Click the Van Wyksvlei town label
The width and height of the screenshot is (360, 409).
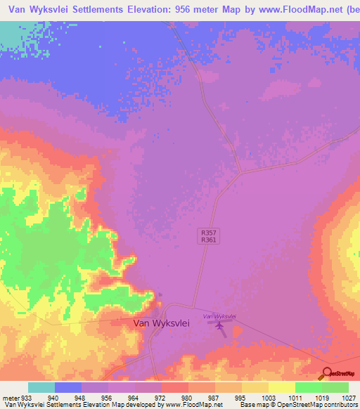click(x=161, y=323)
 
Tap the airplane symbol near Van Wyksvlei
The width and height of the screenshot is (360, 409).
click(x=219, y=325)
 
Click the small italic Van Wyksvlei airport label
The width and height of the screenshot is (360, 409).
click(x=218, y=316)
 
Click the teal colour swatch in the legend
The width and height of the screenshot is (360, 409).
click(x=41, y=387)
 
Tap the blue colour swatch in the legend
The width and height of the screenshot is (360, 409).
click(x=68, y=387)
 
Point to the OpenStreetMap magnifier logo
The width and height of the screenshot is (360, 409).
click(x=327, y=373)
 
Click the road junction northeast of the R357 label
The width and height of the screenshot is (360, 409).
click(x=240, y=172)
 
